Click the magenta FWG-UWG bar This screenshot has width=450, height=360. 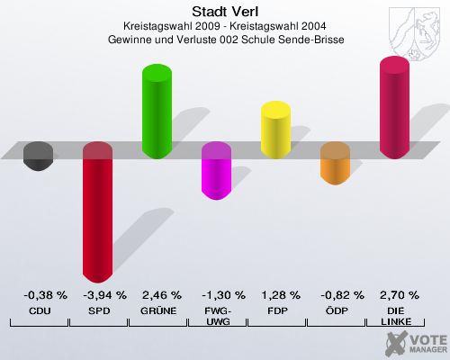(x=216, y=171)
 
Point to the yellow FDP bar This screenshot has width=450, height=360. (x=275, y=130)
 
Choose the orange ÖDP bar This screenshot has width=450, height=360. (x=335, y=164)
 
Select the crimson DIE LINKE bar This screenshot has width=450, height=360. (x=394, y=108)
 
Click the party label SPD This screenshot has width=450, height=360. (x=97, y=310)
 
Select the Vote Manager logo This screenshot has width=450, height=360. (x=416, y=341)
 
